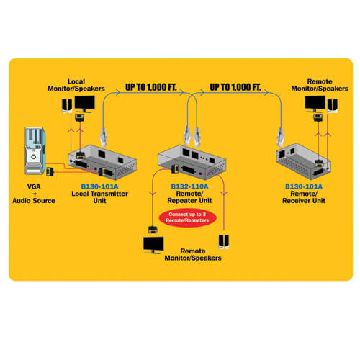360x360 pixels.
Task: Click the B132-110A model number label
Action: [189, 186]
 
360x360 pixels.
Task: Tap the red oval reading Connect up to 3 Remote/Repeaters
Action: [187, 217]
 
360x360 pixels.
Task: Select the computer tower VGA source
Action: [35, 150]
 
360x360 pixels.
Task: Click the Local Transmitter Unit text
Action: [99, 197]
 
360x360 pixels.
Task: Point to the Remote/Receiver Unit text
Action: [304, 197]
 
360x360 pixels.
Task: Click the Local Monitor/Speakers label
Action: [76, 85]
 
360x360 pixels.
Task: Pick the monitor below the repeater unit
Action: [153, 245]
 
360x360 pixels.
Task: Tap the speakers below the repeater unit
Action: [224, 242]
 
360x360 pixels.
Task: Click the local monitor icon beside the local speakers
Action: [84, 104]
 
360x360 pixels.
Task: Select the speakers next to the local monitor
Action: [67, 106]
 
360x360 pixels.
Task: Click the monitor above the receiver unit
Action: [315, 104]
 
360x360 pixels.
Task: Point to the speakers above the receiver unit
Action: [333, 106]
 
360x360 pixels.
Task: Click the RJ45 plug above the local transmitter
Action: [104, 137]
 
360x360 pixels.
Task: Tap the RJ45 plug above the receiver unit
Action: [280, 137]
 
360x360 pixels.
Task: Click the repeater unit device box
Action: [192, 162]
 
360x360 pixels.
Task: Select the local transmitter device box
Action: [102, 162]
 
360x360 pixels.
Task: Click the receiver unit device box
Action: [304, 161]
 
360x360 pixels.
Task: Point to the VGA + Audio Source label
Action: [34, 194]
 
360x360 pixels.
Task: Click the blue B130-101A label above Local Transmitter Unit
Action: [99, 186]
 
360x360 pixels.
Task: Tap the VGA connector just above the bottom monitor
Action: [153, 230]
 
